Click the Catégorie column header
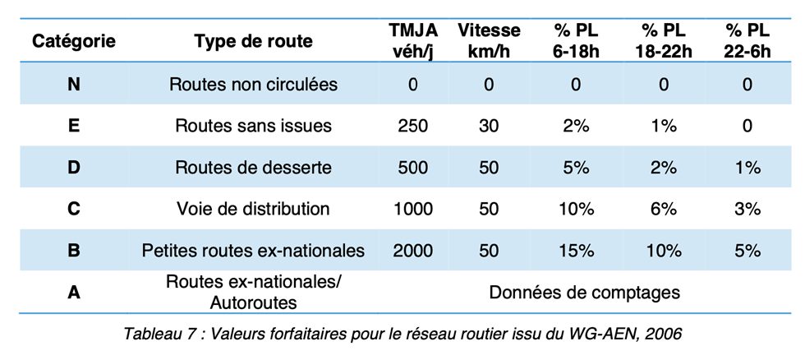74,41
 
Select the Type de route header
253,41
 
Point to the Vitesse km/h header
489,41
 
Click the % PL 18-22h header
664,41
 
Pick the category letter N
74,84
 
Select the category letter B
74,251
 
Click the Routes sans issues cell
253,126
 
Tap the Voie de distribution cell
253,209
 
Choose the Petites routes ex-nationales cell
253,251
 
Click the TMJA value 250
412,126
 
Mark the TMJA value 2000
412,251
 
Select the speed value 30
489,126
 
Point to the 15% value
576,251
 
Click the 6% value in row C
664,209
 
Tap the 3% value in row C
747,209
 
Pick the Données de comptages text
584,293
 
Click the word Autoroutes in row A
253,303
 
